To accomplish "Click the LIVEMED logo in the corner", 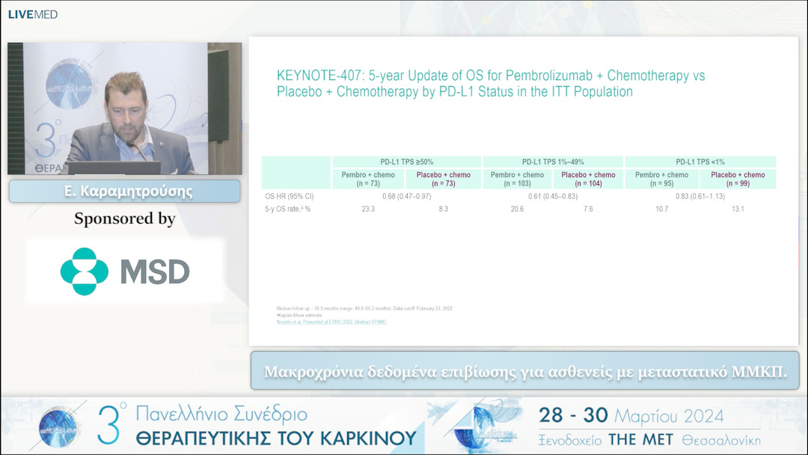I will [x=33, y=14].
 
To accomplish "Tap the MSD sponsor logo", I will [x=125, y=271].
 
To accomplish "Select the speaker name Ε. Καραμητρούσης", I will [x=124, y=192].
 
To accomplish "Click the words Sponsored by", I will [x=124, y=219].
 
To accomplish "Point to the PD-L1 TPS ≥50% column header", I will [x=406, y=162].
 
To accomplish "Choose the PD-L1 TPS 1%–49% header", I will [x=553, y=162].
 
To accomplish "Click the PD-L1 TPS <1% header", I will [x=700, y=162].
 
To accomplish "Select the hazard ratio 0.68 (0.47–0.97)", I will [x=406, y=196].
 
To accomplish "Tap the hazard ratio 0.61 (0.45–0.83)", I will [x=553, y=196].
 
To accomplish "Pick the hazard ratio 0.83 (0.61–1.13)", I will [x=700, y=196].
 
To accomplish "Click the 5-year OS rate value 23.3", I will [x=368, y=210].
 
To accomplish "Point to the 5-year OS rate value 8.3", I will [x=444, y=210].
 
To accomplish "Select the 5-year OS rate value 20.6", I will [x=516, y=210].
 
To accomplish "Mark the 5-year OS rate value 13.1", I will [x=738, y=210].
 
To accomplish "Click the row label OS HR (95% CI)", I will [x=288, y=196].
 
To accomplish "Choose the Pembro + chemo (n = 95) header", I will [x=661, y=179].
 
